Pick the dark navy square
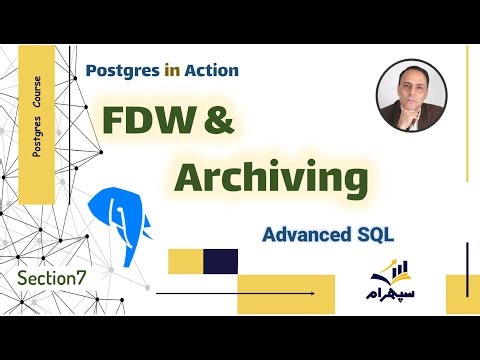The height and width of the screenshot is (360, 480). click(x=220, y=261)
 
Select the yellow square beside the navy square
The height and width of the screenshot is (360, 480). click(x=185, y=261)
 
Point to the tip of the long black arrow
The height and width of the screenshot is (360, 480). click(x=318, y=293)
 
